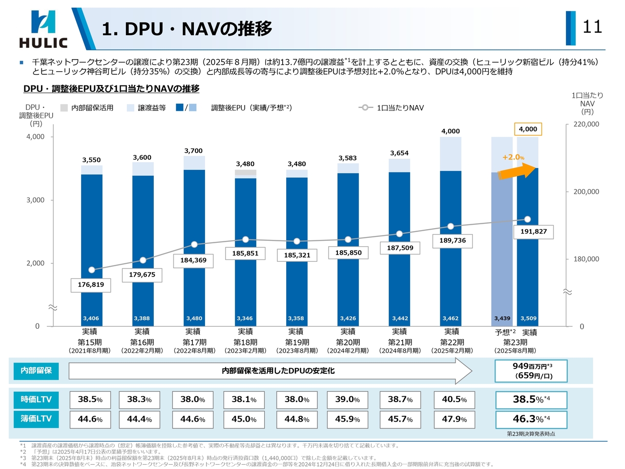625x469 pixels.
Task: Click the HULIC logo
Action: click(43, 29)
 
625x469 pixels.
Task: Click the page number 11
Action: click(592, 26)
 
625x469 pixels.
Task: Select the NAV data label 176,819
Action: click(91, 285)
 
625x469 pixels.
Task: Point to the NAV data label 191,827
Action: click(533, 232)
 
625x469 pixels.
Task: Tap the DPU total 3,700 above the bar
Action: click(193, 151)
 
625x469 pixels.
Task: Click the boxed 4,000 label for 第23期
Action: click(528, 129)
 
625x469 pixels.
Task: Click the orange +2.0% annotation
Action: click(513, 157)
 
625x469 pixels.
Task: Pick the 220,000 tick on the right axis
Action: click(586, 124)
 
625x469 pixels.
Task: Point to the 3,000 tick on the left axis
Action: click(35, 200)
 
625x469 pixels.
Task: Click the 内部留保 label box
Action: click(36, 371)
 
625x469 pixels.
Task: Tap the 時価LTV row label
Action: click(36, 400)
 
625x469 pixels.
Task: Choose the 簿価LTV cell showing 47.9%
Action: click(454, 419)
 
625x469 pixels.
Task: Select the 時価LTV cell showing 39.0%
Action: click(347, 400)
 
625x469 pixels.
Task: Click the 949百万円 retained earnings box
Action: click(531, 371)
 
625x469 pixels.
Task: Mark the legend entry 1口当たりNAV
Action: click(400, 108)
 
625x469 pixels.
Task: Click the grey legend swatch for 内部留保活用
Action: click(64, 108)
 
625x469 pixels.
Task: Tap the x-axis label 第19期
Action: click(297, 342)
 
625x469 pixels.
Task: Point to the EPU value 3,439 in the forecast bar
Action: click(502, 319)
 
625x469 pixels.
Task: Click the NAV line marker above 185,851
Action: click(246, 239)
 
